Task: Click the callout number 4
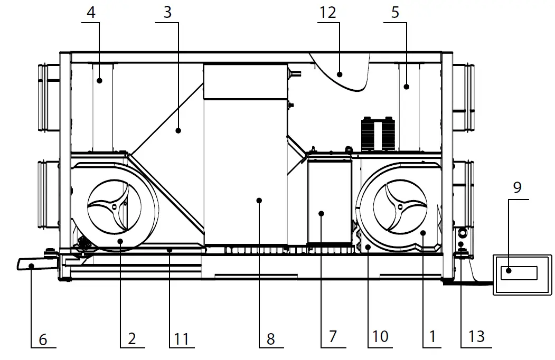(x=91, y=13)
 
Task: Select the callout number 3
(x=167, y=13)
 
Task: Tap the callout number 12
(x=327, y=13)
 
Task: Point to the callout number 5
(x=396, y=13)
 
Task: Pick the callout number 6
(x=43, y=339)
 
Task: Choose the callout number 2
(x=131, y=338)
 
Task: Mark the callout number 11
(x=181, y=338)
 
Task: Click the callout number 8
(x=270, y=338)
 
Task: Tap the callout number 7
(x=333, y=337)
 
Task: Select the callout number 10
(x=380, y=337)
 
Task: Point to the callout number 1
(x=432, y=337)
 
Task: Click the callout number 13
(x=476, y=337)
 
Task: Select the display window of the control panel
(x=519, y=273)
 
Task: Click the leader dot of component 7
(x=321, y=213)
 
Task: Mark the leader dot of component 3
(x=178, y=130)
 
